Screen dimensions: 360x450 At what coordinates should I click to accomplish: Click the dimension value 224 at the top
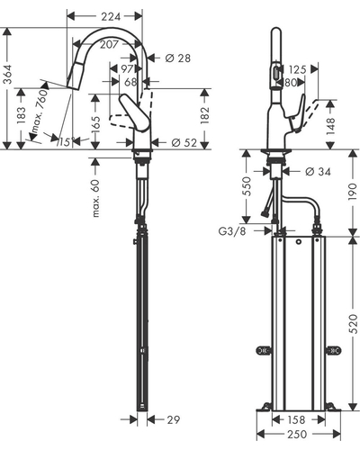click(x=111, y=16)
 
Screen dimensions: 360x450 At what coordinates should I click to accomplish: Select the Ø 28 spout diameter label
click(x=177, y=58)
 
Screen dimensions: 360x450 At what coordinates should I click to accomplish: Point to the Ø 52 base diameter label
click(x=184, y=143)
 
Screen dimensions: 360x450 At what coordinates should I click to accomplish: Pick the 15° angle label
click(x=65, y=141)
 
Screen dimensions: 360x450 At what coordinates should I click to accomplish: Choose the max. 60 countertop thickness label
click(x=95, y=198)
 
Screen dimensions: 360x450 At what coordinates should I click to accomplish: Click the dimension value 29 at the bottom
click(x=173, y=419)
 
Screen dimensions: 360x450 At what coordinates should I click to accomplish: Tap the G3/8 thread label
click(x=232, y=231)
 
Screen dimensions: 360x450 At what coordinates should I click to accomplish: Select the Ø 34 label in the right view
click(x=318, y=172)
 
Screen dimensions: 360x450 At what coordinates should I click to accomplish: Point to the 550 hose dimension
click(x=246, y=186)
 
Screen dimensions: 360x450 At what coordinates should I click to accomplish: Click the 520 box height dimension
click(x=355, y=324)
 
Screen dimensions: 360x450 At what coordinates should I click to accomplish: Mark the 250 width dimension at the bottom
click(x=297, y=434)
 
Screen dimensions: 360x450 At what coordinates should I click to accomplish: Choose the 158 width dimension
click(x=296, y=419)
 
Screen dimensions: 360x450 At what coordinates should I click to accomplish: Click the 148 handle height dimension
click(x=330, y=126)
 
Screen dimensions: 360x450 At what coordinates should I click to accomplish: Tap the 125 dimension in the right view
click(x=298, y=69)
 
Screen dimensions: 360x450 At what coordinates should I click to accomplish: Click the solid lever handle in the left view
click(x=134, y=112)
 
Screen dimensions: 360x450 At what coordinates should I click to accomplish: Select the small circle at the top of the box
click(x=298, y=242)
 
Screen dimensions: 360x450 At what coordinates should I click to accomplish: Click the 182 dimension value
click(x=205, y=115)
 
